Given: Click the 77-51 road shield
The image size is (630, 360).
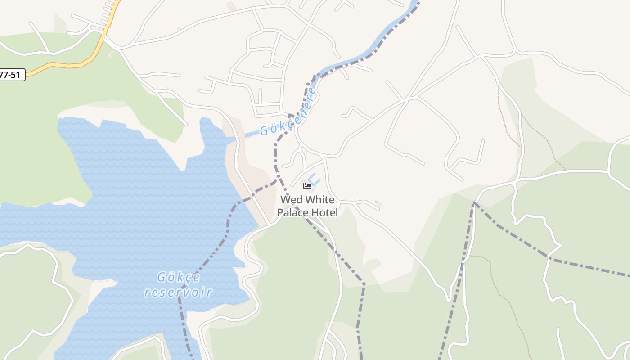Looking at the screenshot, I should click(x=11, y=75).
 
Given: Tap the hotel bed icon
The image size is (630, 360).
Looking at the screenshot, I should click(x=307, y=186).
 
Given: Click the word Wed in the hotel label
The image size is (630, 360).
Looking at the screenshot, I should click(x=290, y=199).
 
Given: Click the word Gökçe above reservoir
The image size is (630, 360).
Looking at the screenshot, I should click(x=178, y=277).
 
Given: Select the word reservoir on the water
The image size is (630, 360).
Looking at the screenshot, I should click(x=178, y=292).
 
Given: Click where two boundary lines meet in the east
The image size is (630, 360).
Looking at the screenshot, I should click(x=473, y=203).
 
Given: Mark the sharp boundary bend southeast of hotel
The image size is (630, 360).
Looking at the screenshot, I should click(x=364, y=284).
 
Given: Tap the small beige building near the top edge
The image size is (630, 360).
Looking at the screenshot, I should click(x=231, y=6).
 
